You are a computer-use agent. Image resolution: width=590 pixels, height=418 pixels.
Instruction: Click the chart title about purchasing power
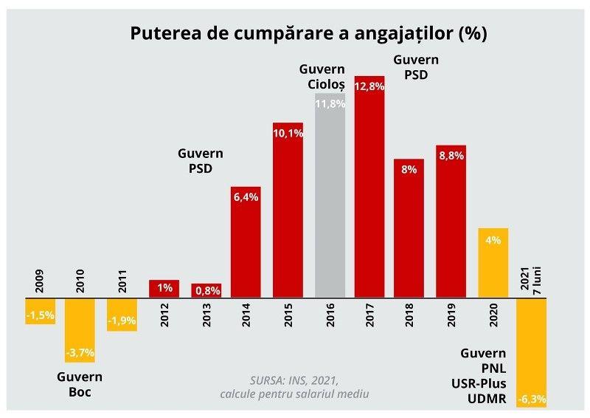308,34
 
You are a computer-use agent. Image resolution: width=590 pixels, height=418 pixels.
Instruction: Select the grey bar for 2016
330,196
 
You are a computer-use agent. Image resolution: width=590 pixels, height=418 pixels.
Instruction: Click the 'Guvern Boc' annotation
80,385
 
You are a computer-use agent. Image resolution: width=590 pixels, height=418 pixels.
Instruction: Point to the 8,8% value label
451,156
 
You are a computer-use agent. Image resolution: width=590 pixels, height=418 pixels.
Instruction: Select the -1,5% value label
39,315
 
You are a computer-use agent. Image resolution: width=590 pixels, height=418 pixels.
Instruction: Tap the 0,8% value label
206,291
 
